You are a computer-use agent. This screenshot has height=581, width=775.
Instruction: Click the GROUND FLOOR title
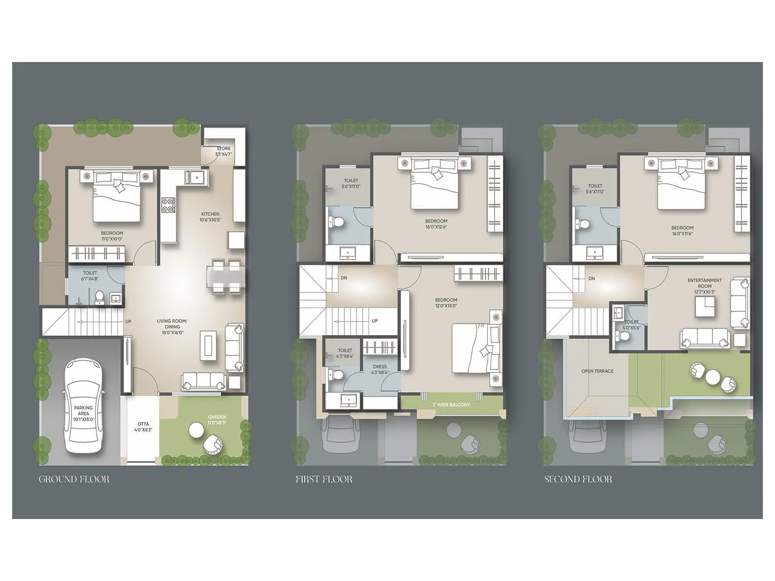click(x=74, y=479)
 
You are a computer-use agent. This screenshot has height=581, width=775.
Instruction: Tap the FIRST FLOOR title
click(x=324, y=479)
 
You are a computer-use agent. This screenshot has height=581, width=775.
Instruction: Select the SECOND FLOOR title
click(x=578, y=479)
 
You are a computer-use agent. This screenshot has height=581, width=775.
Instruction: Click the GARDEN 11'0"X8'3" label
click(x=217, y=419)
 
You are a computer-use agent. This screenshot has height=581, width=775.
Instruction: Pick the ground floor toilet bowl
click(x=99, y=296)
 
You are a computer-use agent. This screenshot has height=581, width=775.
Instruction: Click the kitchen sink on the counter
click(x=196, y=178)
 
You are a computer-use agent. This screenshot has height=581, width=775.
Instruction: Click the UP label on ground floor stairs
click(x=128, y=321)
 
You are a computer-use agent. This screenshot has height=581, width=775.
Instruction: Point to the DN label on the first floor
click(x=343, y=278)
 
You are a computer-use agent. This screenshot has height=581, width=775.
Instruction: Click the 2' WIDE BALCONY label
click(x=451, y=405)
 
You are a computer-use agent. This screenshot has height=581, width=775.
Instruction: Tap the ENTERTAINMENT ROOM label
click(x=704, y=283)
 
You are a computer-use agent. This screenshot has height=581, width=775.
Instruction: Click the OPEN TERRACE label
click(x=597, y=371)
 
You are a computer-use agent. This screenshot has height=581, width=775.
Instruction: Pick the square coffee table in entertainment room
click(x=705, y=306)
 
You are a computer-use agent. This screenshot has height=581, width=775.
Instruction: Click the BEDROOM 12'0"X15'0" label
click(x=446, y=303)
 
